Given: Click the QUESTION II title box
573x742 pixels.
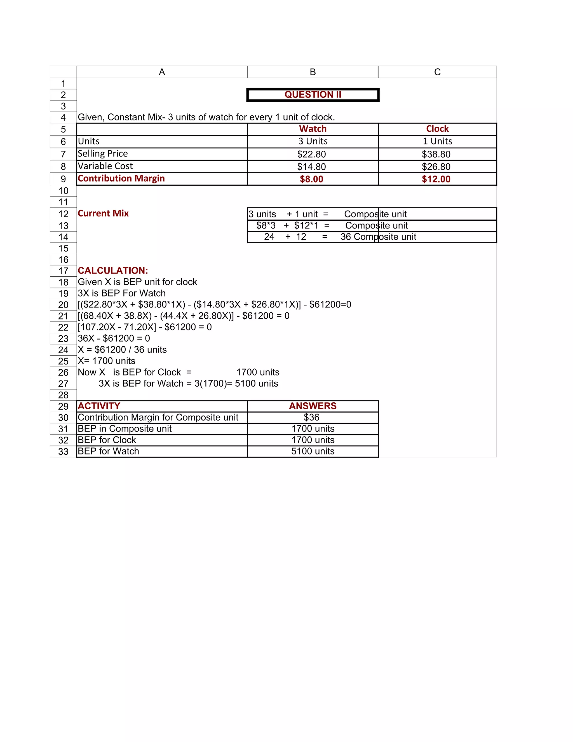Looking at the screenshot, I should click(x=313, y=95).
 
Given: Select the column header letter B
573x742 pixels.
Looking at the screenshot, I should click(x=313, y=72).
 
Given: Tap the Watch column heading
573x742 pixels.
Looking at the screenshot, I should click(x=313, y=129).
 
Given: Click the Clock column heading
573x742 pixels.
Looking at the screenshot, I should click(x=437, y=129).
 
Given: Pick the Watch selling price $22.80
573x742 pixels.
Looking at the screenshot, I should click(x=311, y=154).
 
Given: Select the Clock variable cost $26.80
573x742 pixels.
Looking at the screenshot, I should click(x=436, y=167).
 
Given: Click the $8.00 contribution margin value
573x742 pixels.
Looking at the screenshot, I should click(x=311, y=179).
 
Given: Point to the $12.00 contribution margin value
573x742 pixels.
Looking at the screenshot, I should click(x=436, y=179).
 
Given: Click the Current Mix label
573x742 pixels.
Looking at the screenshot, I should click(x=103, y=213).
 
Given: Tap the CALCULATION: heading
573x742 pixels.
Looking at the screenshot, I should click(x=113, y=270).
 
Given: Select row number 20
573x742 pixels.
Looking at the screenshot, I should click(x=63, y=305).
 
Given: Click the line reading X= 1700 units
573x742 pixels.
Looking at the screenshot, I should click(x=107, y=361).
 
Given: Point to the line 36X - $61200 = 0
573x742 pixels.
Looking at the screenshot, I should click(x=114, y=339).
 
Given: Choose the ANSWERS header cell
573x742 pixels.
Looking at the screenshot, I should click(x=313, y=406).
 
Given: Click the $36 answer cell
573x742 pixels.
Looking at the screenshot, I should click(x=311, y=417).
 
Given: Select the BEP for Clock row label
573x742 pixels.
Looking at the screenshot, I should click(x=107, y=440).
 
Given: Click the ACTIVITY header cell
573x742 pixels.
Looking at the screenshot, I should click(x=99, y=406).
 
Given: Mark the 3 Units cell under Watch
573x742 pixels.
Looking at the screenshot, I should click(x=313, y=141).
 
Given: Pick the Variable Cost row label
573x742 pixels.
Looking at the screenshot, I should click(x=105, y=166).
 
